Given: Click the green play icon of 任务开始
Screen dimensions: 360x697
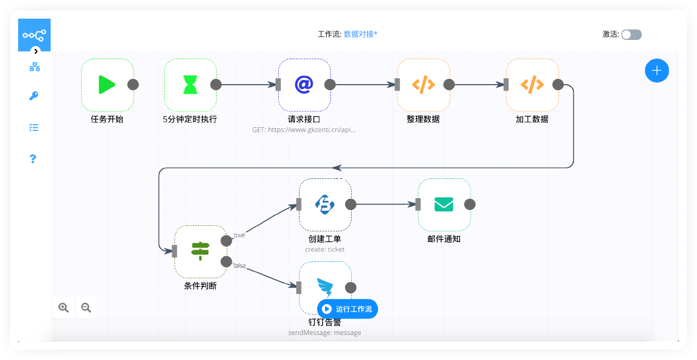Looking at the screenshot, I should [x=107, y=85].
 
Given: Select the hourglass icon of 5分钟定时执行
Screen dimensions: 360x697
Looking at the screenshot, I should [x=190, y=85].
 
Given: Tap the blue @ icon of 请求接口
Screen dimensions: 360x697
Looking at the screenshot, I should [x=304, y=85].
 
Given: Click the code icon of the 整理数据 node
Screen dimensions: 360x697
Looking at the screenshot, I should [x=423, y=85].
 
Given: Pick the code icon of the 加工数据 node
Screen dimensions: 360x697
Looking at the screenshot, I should [x=532, y=85].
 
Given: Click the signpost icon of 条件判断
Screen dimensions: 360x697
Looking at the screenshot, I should [x=200, y=251].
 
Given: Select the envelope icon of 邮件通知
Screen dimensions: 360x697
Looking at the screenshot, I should [x=443, y=204].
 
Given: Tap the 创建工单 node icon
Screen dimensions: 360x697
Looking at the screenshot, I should [x=325, y=204].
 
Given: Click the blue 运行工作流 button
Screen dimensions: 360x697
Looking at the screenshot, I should [x=347, y=309].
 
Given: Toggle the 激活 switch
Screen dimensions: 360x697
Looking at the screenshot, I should [x=631, y=35].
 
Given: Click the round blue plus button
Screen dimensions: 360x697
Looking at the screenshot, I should [x=657, y=70].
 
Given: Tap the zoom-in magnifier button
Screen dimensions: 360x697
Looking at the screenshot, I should [x=64, y=307].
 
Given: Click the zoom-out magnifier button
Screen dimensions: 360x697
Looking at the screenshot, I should [x=86, y=307].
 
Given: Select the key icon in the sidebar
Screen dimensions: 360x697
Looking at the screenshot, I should [x=34, y=96].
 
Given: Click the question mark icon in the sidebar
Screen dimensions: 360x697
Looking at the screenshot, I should [x=33, y=159].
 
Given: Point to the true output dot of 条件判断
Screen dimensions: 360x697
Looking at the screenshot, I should [x=226, y=241].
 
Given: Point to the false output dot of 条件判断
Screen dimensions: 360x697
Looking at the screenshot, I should [x=226, y=261].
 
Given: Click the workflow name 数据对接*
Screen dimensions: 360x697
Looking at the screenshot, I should [x=361, y=34].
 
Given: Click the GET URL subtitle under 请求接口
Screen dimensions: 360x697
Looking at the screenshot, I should [x=304, y=129].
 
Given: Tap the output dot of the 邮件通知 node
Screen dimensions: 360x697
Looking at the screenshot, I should [x=469, y=204].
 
